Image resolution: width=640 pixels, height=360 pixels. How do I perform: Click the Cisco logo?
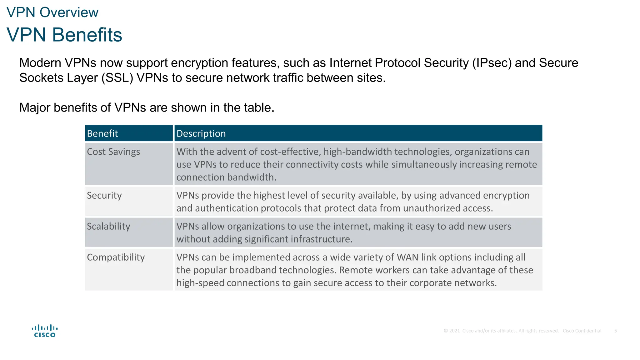point(45,331)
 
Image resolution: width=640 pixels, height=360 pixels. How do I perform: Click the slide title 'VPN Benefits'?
point(64,35)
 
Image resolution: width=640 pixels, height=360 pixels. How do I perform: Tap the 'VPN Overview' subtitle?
point(52,12)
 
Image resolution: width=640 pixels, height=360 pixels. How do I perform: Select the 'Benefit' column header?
point(102,133)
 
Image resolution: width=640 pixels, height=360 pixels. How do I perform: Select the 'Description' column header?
point(201,133)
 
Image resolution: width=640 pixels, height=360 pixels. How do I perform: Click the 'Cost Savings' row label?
point(113,152)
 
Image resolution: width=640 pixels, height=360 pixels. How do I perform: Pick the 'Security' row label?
point(104,195)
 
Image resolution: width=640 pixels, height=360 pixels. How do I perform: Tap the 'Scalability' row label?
point(108,226)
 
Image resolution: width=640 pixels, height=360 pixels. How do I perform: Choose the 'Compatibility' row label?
point(116,257)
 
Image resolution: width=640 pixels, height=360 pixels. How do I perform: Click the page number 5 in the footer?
point(616,331)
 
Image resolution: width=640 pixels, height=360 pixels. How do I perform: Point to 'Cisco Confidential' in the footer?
point(582,331)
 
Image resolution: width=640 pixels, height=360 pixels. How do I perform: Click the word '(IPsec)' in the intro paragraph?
point(492,63)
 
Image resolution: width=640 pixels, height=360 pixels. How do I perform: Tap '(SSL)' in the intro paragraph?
point(117,78)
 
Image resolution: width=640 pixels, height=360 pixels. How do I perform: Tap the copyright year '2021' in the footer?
point(454,331)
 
